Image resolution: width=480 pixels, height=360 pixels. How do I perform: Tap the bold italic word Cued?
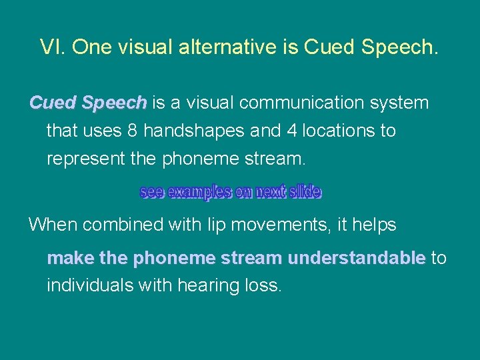pyautogui.click(x=53, y=103)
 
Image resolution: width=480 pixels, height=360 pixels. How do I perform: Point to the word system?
pyautogui.click(x=400, y=103)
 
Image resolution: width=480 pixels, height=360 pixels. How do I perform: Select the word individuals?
pyautogui.click(x=89, y=286)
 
